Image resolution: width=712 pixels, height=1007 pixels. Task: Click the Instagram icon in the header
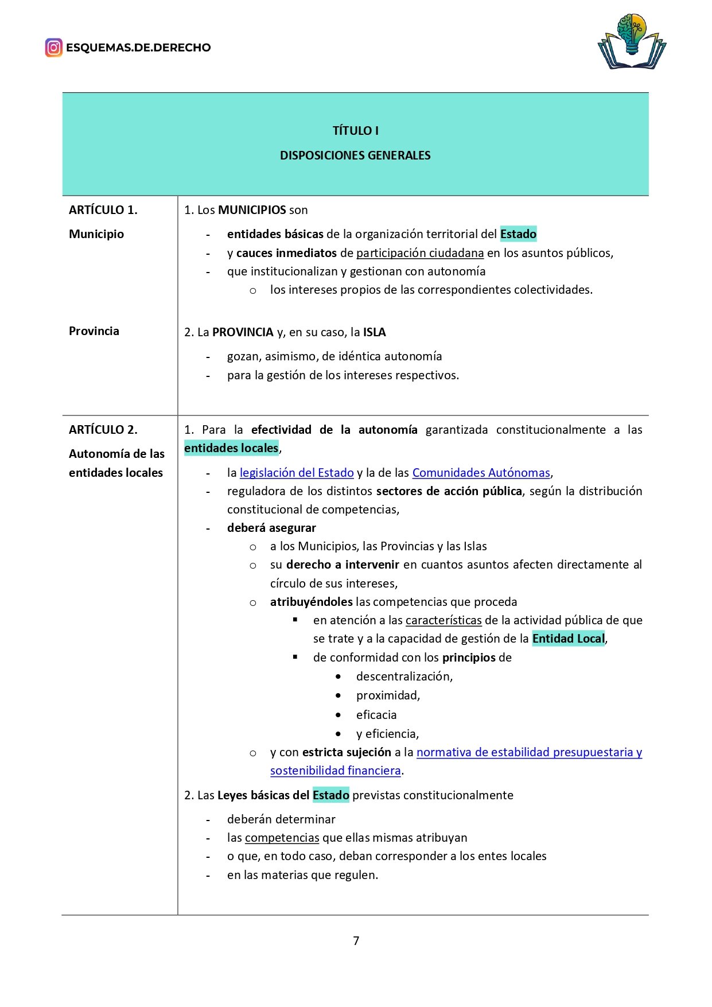pos(53,48)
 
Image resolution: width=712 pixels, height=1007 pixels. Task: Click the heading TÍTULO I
pos(355,131)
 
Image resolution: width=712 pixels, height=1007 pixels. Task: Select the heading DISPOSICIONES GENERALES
pos(355,155)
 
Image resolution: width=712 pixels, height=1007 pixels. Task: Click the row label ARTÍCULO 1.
pos(103,210)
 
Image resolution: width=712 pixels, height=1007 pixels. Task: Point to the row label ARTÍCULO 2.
pos(103,430)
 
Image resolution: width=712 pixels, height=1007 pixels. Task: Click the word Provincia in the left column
pos(94,331)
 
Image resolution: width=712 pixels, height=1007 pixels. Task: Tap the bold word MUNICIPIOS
pos(252,210)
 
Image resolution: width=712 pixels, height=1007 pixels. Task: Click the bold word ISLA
pos(375,332)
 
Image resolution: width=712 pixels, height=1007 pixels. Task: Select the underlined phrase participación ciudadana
pos(420,253)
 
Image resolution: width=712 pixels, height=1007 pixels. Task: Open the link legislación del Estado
pos(297,473)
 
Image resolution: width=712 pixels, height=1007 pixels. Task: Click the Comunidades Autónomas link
pos(481,473)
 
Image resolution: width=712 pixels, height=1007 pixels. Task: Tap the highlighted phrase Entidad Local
pos(568,639)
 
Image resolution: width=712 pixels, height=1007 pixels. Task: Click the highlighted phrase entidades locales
pos(231,448)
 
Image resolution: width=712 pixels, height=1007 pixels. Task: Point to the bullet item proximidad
pos(388,695)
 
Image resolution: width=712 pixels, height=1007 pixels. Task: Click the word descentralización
pos(404,676)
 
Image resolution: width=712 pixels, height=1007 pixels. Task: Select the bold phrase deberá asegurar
pos(271,528)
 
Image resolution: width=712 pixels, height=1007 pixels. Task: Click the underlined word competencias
pos(282,838)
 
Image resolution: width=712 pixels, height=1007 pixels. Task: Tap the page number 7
pos(356,940)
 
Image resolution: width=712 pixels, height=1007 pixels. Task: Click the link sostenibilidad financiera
pos(336,771)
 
